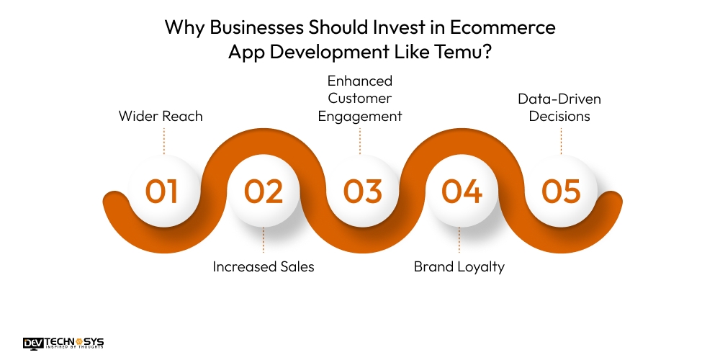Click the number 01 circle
(162, 191)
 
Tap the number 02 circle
(263, 191)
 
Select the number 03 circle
(362, 191)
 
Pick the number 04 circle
(462, 191)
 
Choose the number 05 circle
(561, 191)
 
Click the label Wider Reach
(161, 116)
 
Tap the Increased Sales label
(264, 266)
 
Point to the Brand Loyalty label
(459, 266)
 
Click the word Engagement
(360, 116)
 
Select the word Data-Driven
(559, 99)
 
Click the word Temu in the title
(456, 52)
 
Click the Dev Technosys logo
(63, 343)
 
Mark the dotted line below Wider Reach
(164, 140)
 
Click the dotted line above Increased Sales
(264, 241)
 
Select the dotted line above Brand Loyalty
(459, 241)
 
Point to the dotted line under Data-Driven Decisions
(561, 140)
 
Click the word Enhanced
(360, 81)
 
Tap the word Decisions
(559, 116)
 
